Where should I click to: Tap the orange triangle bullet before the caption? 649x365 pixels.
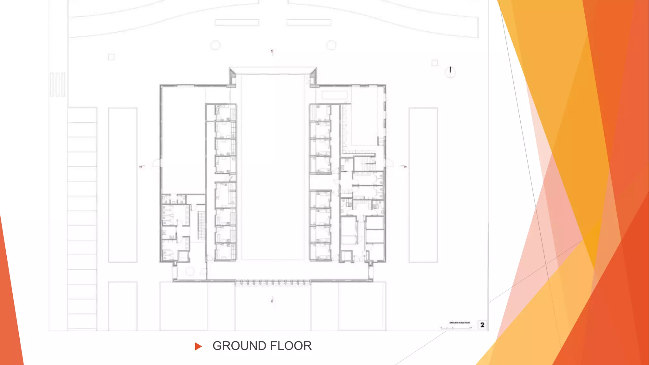198,346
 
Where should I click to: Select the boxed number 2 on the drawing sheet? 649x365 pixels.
482,325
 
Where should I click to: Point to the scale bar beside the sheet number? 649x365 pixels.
456,328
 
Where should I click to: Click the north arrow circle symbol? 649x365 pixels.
450,72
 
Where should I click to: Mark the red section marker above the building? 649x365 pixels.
272,52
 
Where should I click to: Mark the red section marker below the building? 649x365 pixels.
272,300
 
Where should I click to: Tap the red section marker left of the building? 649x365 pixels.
142,166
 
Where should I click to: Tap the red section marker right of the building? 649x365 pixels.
405,166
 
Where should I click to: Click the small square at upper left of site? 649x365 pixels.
111,57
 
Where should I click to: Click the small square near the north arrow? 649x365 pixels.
435,63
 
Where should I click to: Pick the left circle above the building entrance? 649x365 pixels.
215,45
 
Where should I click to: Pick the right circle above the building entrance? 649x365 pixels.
331,45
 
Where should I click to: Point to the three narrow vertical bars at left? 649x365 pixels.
57,84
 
